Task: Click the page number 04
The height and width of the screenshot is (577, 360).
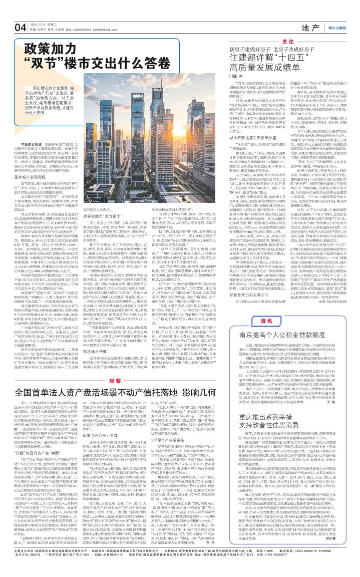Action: click(21, 27)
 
